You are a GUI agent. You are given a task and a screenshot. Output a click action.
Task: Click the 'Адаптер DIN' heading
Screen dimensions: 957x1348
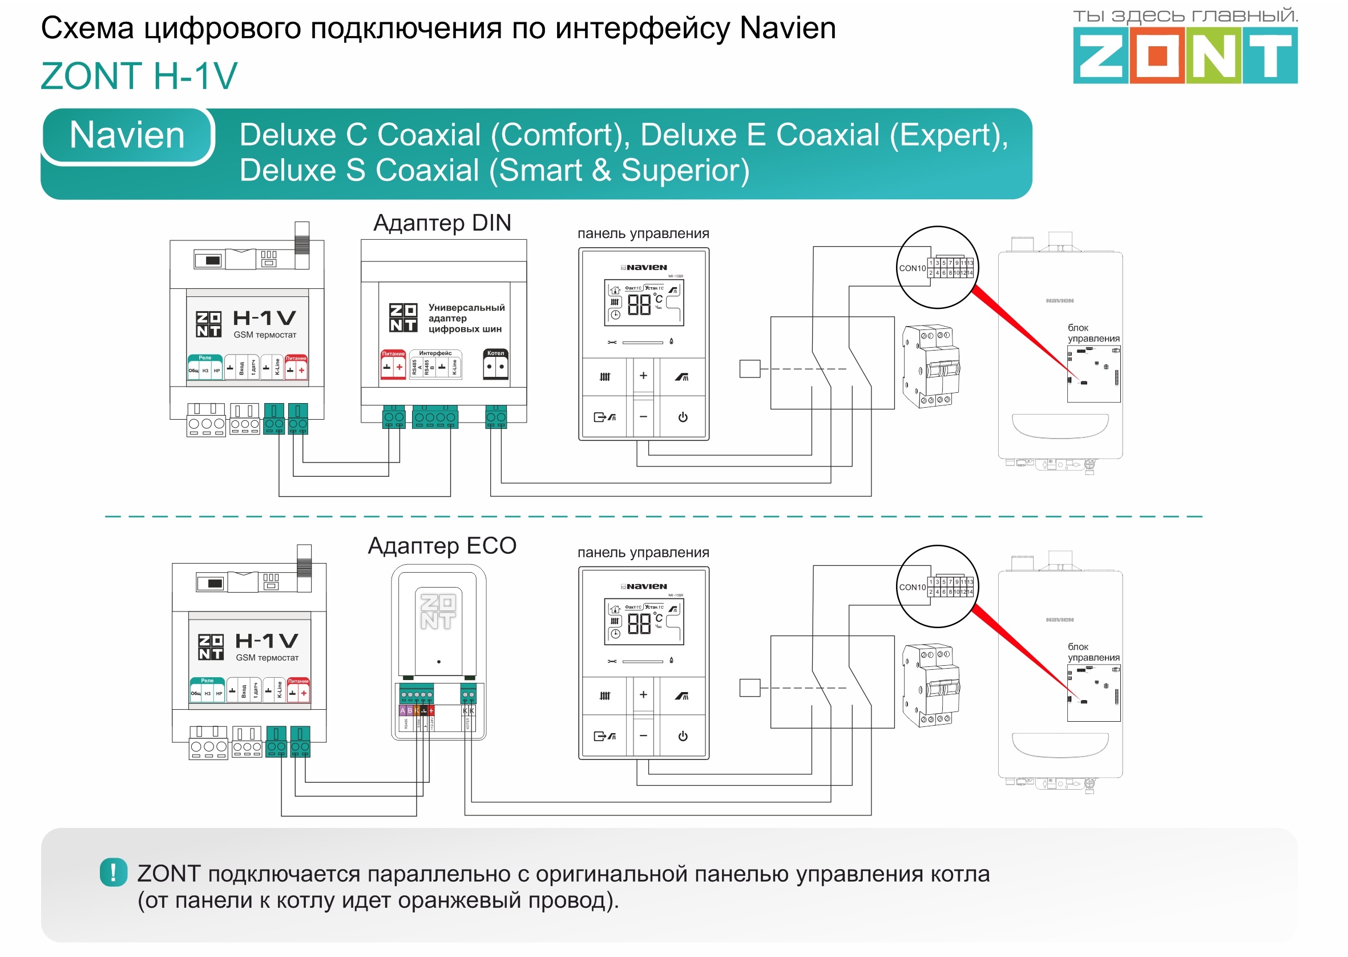[442, 223]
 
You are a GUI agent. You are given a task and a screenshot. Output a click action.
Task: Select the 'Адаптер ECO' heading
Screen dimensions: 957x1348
[442, 546]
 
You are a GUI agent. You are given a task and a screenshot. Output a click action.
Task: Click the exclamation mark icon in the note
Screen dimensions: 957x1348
[113, 872]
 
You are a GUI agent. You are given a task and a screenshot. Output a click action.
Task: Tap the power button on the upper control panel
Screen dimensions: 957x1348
[683, 417]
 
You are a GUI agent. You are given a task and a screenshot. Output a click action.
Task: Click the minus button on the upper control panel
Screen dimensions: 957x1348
[643, 417]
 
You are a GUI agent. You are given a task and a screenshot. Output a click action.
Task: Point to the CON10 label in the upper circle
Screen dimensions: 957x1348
[911, 268]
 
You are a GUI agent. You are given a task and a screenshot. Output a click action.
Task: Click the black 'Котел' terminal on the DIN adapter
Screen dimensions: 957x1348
[495, 365]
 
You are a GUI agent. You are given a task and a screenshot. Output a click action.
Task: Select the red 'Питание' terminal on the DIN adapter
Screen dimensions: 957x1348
[393, 365]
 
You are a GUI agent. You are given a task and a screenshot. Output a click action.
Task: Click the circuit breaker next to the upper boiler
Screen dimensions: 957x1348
[930, 365]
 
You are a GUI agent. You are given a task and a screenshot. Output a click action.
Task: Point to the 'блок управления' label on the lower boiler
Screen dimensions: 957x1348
[1093, 652]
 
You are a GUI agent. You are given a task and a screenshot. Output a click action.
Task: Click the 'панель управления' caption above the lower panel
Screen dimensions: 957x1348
[643, 553]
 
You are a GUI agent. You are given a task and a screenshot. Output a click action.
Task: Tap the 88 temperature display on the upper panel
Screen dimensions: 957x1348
[639, 305]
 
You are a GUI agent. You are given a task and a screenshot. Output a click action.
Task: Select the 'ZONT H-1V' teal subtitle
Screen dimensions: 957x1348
[139, 76]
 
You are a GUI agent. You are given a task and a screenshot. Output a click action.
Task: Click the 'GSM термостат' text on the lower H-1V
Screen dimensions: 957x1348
[267, 658]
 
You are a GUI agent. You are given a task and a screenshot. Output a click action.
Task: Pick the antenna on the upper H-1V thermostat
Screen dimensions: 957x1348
[301, 239]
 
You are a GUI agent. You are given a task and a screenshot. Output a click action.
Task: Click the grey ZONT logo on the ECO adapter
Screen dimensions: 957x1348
[438, 611]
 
